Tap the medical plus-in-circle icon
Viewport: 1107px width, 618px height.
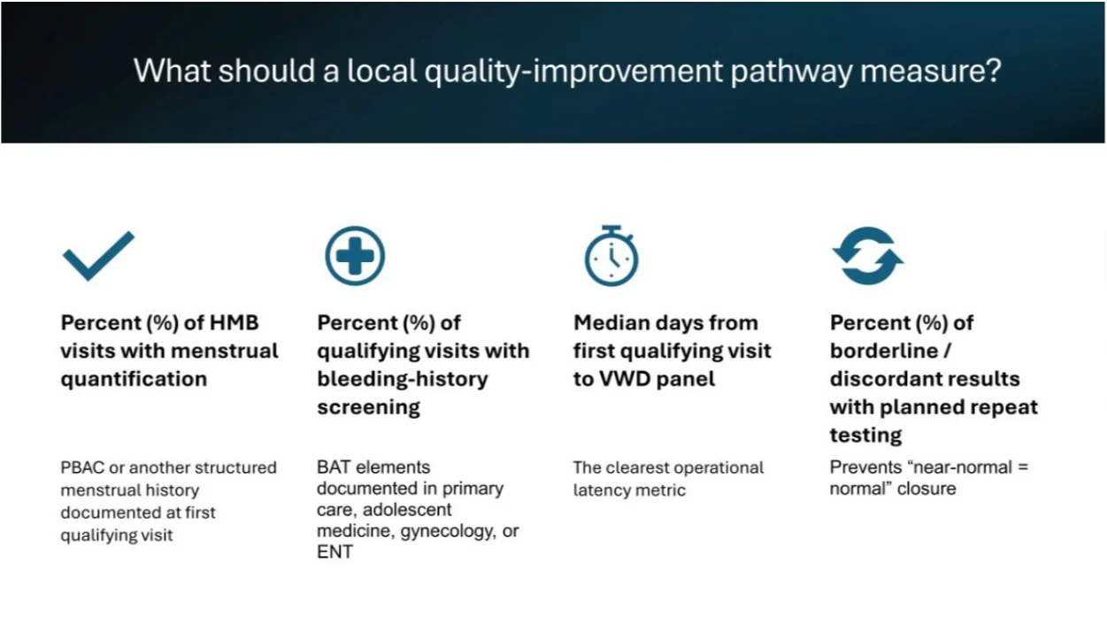click(355, 256)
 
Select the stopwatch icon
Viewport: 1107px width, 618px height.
click(611, 256)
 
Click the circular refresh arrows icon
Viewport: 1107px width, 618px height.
click(868, 256)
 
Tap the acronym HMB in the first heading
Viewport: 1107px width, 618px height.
click(234, 323)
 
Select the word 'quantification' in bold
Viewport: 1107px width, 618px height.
click(134, 380)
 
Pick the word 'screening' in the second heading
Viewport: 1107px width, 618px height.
click(369, 408)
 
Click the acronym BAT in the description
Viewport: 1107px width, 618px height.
click(334, 467)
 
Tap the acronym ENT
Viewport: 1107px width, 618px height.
click(334, 552)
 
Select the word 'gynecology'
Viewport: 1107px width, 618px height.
click(448, 531)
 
